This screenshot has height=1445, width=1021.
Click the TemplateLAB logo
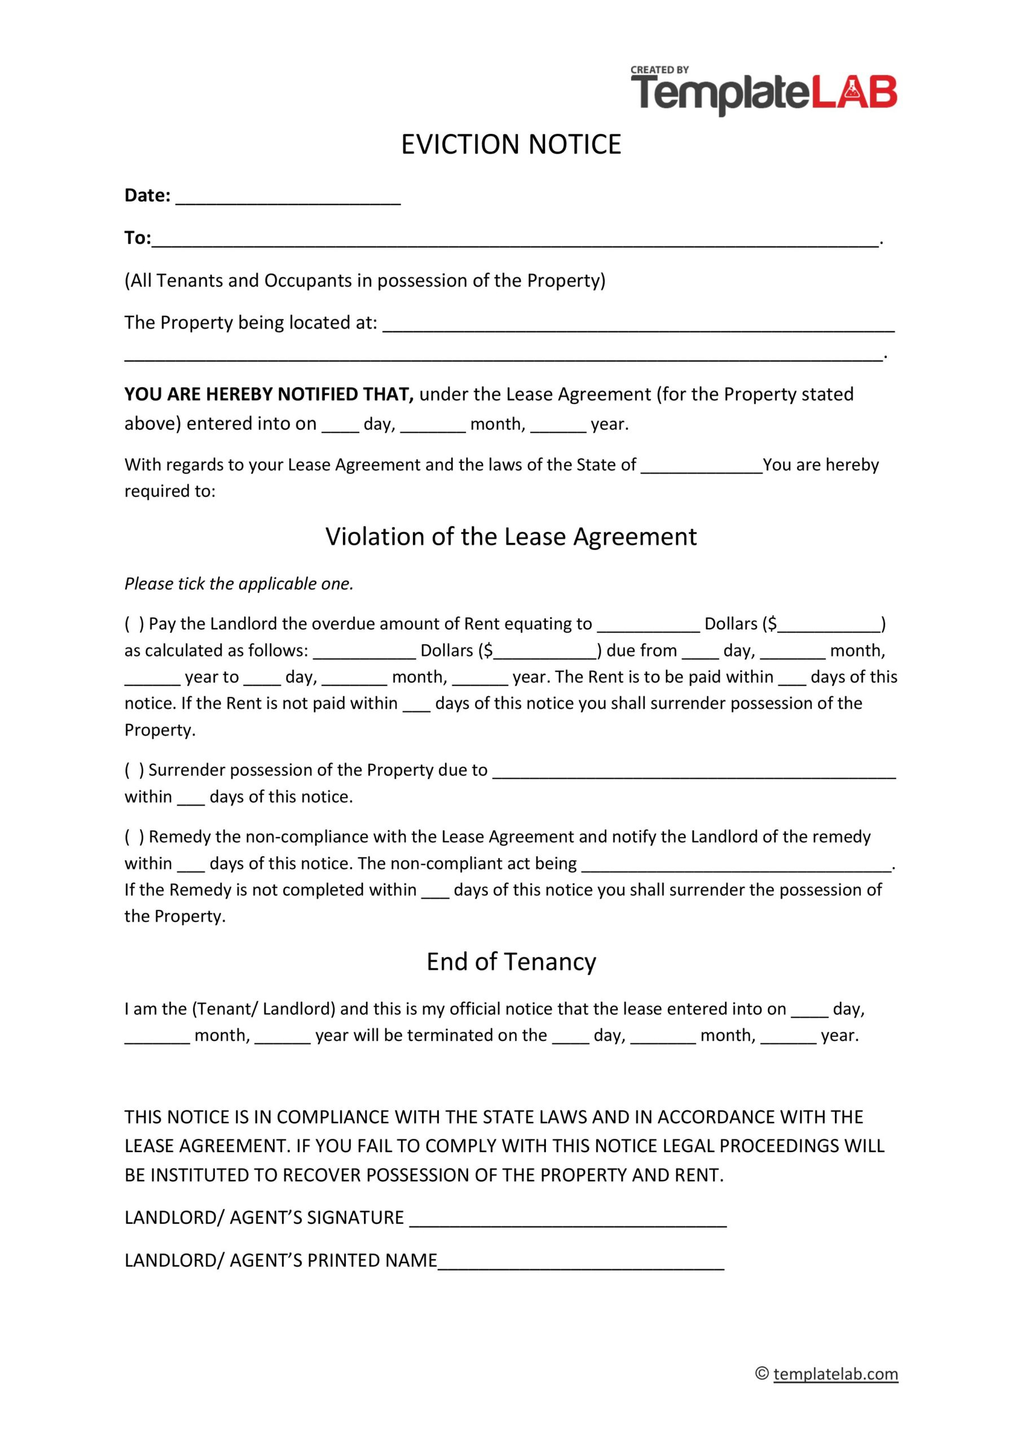(x=764, y=93)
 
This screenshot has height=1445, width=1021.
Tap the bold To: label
(x=137, y=238)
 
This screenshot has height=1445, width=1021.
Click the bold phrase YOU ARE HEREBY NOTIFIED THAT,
(x=269, y=395)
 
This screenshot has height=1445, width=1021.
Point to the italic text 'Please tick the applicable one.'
(x=239, y=584)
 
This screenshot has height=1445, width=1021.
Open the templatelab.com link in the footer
(x=835, y=1374)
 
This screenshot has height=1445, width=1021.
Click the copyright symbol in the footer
(x=762, y=1374)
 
